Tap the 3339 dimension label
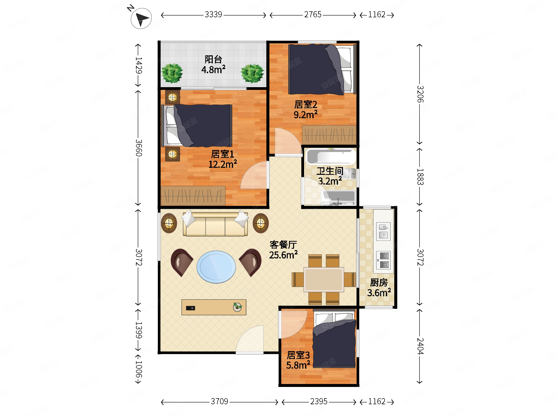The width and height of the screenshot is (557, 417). [213, 15]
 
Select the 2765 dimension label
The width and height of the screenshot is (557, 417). [313, 15]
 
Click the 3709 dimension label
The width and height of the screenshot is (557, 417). [219, 401]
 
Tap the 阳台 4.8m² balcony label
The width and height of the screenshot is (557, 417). [213, 65]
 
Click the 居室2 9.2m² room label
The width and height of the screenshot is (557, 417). [305, 110]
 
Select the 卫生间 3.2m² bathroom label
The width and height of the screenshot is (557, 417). [330, 176]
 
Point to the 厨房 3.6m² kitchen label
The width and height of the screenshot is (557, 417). [379, 288]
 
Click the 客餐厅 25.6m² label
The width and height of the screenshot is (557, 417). [283, 250]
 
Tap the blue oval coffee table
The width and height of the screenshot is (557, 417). [216, 267]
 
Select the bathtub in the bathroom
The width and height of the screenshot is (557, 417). [331, 156]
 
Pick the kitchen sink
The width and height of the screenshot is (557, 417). [383, 231]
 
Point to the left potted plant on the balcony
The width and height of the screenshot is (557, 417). [172, 73]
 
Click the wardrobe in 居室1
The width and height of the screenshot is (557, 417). [193, 196]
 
